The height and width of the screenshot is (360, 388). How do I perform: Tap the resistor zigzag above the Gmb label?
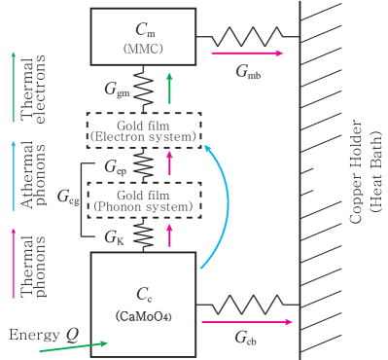pyautogui.click(x=246, y=39)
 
